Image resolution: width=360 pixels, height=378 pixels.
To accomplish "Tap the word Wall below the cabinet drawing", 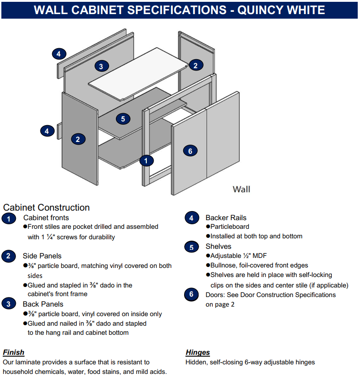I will pyautogui.click(x=241, y=189).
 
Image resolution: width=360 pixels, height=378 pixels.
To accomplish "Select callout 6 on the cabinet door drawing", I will pyautogui.click(x=190, y=151).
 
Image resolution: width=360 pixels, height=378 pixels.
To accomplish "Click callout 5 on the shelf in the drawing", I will pyautogui.click(x=123, y=119).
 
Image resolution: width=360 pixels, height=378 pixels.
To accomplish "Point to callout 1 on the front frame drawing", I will pyautogui.click(x=146, y=160).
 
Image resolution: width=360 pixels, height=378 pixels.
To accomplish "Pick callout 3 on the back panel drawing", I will pyautogui.click(x=101, y=66).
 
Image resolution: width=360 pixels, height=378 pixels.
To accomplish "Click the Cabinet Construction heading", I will pyautogui.click(x=46, y=207).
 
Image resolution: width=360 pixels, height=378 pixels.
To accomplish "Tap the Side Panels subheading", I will pyautogui.click(x=42, y=256).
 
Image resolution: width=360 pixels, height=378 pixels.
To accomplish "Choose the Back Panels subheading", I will pyautogui.click(x=43, y=304).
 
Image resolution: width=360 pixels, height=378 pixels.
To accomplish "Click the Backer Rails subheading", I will pyautogui.click(x=226, y=218).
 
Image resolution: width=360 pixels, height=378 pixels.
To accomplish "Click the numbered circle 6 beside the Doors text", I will pyautogui.click(x=191, y=294).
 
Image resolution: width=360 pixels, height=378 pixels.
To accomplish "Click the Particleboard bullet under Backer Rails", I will pyautogui.click(x=230, y=227).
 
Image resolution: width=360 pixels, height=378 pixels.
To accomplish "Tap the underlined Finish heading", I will pyautogui.click(x=14, y=352).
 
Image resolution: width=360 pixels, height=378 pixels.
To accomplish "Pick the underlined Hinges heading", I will pyautogui.click(x=198, y=352).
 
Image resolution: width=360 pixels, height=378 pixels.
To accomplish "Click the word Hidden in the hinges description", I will pyautogui.click(x=196, y=362).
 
